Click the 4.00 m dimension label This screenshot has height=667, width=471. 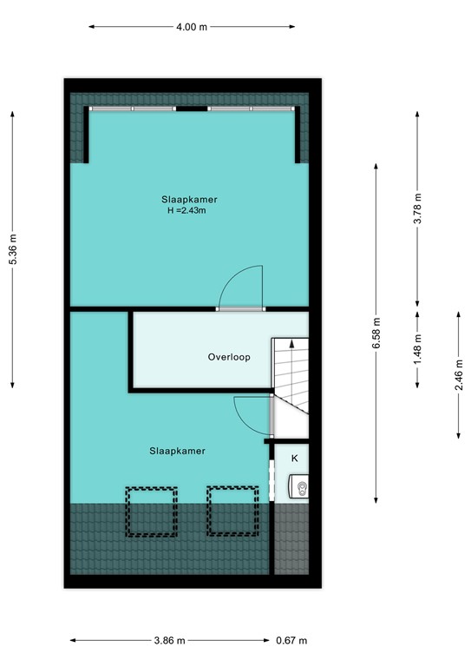[192, 27]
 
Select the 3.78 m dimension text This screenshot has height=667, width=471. [418, 208]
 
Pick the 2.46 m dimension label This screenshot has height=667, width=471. [459, 374]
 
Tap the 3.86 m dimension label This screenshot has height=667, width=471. [170, 641]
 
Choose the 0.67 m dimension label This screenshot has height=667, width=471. [291, 641]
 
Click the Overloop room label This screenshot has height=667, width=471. [229, 357]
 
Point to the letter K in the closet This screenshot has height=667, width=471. [294, 458]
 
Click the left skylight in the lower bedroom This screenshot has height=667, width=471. [152, 510]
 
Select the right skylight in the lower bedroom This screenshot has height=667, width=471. [233, 510]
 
